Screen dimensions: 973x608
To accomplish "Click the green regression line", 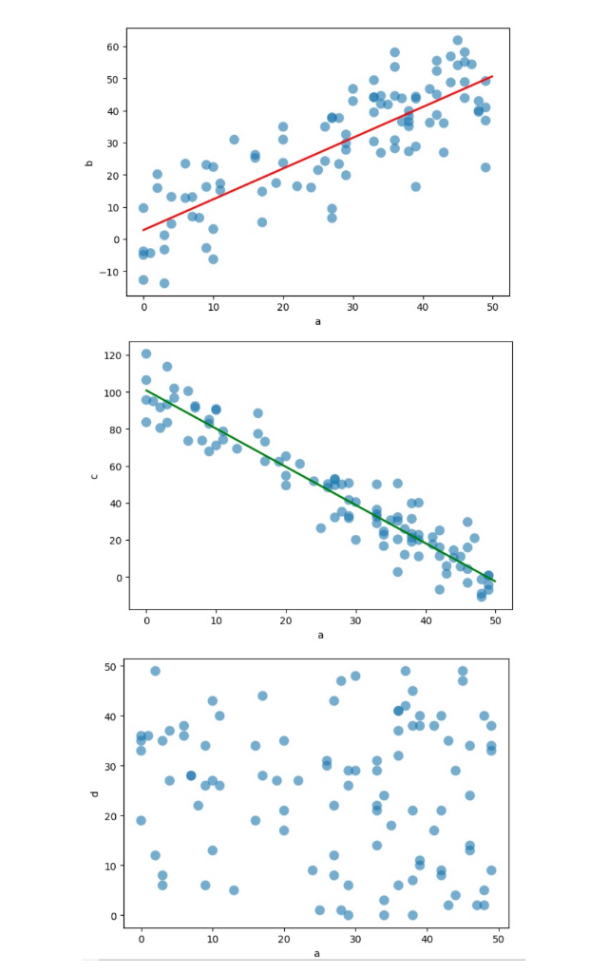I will coord(320,484).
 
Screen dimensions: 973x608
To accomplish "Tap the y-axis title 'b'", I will coord(89,163).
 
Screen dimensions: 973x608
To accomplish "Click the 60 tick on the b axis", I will coord(111,47).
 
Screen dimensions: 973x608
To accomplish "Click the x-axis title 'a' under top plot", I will coord(317,321).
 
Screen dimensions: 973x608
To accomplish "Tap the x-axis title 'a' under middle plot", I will coord(320,635).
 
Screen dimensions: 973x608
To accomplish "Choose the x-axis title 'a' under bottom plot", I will coord(317,951).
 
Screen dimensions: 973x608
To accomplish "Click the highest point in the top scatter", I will coord(457,41).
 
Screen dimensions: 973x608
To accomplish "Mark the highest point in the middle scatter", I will coord(146,353).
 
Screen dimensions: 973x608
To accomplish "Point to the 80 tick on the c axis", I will coord(114,429).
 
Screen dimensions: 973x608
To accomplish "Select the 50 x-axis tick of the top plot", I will coord(492,307).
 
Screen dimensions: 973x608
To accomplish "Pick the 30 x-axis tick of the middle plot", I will coord(355,620).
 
